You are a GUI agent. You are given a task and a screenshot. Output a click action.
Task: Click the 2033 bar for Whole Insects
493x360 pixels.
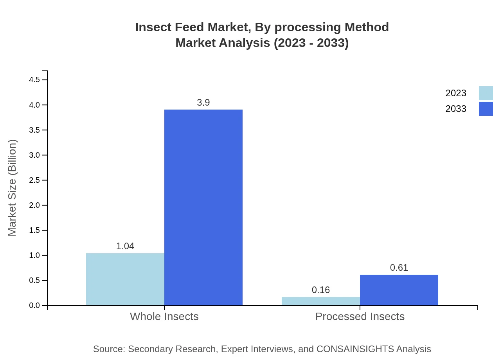(x=203, y=207)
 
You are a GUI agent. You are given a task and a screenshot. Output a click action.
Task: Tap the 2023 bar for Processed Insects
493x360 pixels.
(x=321, y=301)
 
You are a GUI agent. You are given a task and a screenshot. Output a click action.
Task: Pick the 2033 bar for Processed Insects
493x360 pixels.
(x=399, y=290)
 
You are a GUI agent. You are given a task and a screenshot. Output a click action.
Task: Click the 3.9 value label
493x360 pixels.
(x=203, y=103)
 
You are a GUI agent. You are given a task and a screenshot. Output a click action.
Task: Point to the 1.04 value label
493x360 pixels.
(x=125, y=246)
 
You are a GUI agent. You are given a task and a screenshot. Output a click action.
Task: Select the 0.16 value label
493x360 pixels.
(x=321, y=290)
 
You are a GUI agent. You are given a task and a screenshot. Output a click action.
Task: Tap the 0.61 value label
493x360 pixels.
(x=399, y=268)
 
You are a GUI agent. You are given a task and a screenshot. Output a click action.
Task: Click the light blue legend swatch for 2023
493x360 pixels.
(x=486, y=93)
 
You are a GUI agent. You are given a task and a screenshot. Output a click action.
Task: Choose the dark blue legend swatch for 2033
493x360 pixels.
(x=486, y=109)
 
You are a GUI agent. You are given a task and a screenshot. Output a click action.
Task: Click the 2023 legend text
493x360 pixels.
(x=456, y=93)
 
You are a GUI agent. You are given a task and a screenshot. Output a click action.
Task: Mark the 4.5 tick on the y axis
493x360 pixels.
(x=34, y=80)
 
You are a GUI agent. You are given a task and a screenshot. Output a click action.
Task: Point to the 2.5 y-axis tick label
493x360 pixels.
(x=34, y=180)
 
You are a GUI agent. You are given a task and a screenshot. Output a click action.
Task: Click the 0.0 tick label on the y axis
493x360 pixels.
(x=34, y=306)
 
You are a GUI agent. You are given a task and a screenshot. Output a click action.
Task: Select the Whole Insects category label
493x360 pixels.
(x=164, y=316)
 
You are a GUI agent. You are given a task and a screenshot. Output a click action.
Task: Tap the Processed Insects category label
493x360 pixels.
(x=360, y=316)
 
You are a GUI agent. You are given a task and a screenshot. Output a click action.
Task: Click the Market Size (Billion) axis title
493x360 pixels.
(x=13, y=188)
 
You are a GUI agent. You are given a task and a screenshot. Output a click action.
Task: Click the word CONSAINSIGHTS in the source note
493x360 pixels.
(x=354, y=349)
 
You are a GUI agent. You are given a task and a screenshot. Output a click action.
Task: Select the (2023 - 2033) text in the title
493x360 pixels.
(x=311, y=43)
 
